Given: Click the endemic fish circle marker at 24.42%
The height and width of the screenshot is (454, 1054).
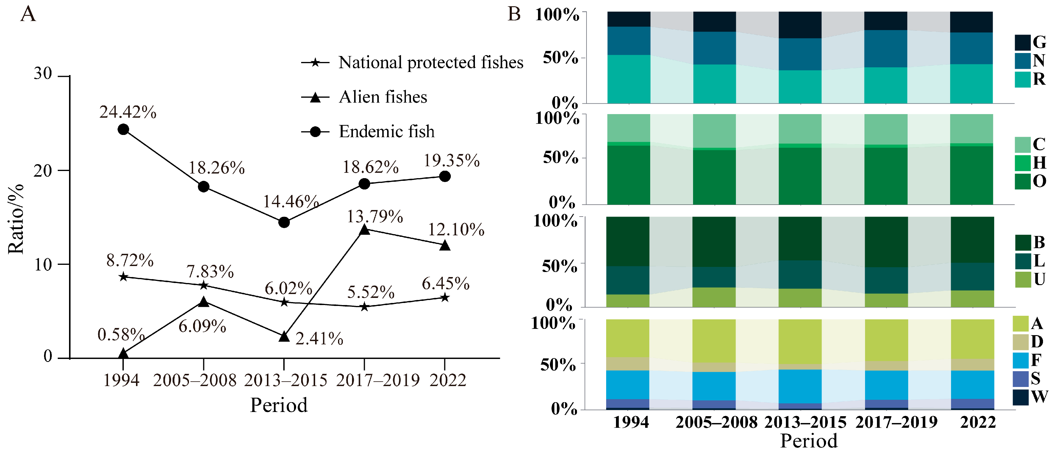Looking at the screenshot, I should coord(123,130).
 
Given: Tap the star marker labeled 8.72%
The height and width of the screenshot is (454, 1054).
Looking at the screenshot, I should coord(123,277).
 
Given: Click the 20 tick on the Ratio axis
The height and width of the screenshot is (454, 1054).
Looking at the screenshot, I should coord(43,170).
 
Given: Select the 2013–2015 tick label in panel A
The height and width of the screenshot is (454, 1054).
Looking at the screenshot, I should coord(286,380).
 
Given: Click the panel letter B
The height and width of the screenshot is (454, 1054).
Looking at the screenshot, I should coord(514,14).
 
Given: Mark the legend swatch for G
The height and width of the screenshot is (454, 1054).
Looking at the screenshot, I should coord(1022,43).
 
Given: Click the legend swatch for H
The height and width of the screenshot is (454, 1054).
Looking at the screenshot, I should coord(1022,163).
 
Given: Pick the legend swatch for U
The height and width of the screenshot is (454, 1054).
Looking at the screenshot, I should coord(1022,279).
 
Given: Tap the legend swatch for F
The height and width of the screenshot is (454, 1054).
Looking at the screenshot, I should coord(1020,360).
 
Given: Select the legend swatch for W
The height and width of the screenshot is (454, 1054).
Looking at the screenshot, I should coord(1020,397).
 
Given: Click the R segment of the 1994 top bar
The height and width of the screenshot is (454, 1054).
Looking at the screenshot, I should coord(628,79).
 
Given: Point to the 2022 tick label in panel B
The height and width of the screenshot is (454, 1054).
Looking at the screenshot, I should coord(978,422).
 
